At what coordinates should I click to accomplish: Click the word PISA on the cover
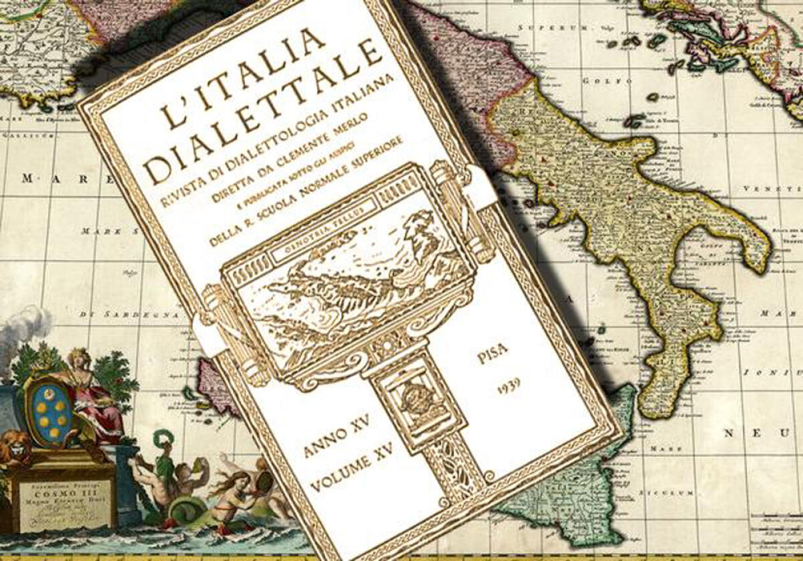pos(493,353)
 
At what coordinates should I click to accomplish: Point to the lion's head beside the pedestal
pos(15,447)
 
